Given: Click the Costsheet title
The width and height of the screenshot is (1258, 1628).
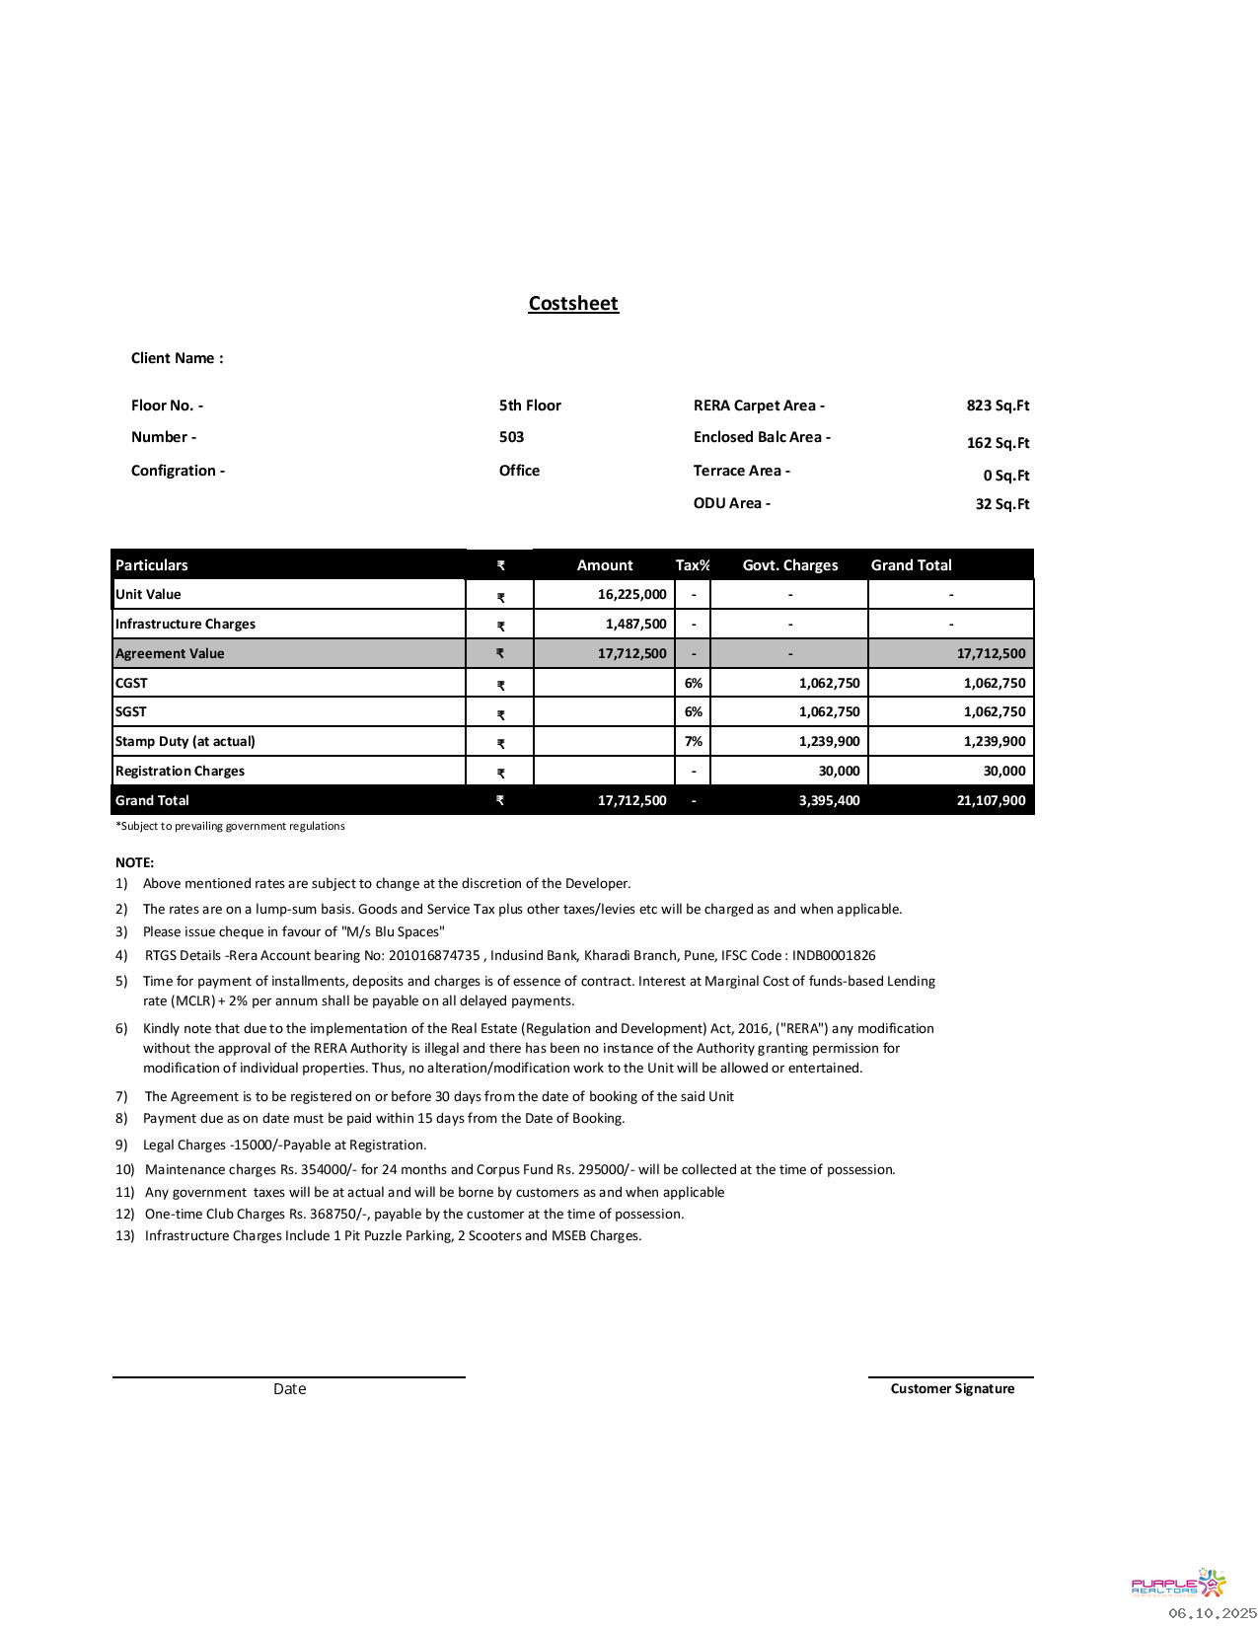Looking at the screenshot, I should pyautogui.click(x=573, y=304).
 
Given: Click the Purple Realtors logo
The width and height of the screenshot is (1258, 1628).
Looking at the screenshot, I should pyautogui.click(x=1178, y=1584).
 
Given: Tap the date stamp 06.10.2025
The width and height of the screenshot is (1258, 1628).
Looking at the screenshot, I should pyautogui.click(x=1213, y=1613).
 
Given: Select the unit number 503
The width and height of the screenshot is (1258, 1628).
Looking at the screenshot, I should pyautogui.click(x=511, y=437).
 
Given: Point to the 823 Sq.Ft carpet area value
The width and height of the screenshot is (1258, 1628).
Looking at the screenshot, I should pyautogui.click(x=998, y=406).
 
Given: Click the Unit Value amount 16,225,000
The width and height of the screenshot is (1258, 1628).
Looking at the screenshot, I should pyautogui.click(x=631, y=594).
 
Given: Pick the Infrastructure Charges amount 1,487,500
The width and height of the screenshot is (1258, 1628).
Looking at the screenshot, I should pyautogui.click(x=635, y=624).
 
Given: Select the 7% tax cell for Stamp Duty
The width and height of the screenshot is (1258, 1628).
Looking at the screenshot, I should pyautogui.click(x=694, y=741).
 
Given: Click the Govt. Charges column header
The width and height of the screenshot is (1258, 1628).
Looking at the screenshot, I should pyautogui.click(x=789, y=565).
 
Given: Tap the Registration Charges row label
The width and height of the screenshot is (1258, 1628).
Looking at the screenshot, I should pyautogui.click(x=180, y=771).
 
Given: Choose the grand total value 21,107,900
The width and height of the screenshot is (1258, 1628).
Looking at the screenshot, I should pyautogui.click(x=991, y=800).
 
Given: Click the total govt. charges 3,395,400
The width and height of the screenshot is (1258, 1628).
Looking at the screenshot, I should pyautogui.click(x=829, y=800).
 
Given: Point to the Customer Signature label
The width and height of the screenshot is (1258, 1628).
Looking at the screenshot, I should pyautogui.click(x=952, y=1388).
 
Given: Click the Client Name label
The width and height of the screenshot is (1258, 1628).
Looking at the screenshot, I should pyautogui.click(x=178, y=358).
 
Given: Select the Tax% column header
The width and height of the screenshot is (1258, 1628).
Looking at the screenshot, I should pyautogui.click(x=693, y=565).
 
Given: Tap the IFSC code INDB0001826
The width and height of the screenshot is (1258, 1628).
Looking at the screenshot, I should pyautogui.click(x=834, y=955).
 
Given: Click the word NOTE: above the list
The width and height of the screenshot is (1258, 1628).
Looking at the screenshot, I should pyautogui.click(x=135, y=862).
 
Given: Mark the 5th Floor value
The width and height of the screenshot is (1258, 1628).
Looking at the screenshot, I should pyautogui.click(x=530, y=406).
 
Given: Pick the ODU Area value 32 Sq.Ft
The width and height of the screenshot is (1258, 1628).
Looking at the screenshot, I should pyautogui.click(x=1001, y=504).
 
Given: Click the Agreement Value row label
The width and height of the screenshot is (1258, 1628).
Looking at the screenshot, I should pyautogui.click(x=170, y=653).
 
